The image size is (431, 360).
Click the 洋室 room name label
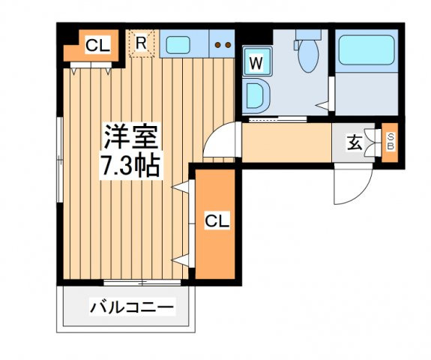click(131, 137)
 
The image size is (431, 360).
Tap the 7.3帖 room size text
click(131, 166)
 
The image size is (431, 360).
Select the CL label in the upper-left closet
click(97, 46)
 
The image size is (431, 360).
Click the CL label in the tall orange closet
click(217, 220)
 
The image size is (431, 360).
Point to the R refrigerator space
click(142, 43)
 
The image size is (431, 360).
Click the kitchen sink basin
click(178, 44)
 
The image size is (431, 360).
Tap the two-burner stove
click(222, 43)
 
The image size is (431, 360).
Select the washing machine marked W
click(257, 61)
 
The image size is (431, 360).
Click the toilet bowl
click(308, 55)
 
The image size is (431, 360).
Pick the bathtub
click(367, 49)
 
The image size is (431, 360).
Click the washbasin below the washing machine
click(256, 96)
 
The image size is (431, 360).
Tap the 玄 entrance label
click(355, 142)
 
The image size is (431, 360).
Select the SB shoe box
click(390, 142)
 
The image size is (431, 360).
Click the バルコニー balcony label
click(132, 306)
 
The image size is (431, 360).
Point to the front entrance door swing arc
click(361, 194)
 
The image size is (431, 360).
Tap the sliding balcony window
click(142, 283)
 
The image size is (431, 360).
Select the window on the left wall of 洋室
click(60, 160)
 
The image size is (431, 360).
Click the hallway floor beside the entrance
click(286, 142)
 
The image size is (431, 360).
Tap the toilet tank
click(308, 34)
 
